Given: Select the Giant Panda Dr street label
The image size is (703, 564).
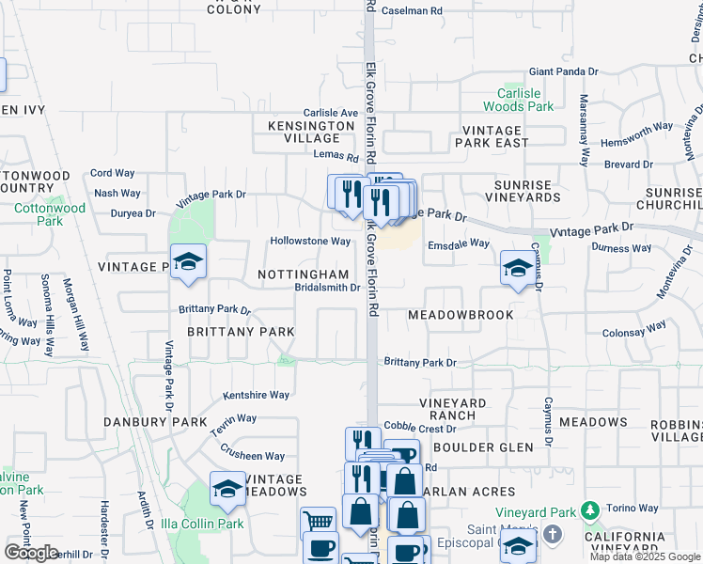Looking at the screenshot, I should tap(563, 71).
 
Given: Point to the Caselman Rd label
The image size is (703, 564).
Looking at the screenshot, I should tap(412, 11).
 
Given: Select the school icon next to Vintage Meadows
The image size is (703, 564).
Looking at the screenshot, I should tap(227, 489).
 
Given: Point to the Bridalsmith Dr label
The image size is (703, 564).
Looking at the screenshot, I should tap(327, 288).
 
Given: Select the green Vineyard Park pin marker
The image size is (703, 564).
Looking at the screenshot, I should tap(589, 510).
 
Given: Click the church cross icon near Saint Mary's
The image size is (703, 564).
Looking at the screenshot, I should tap(554, 535).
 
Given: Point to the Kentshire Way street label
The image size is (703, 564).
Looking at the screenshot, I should tap(256, 396).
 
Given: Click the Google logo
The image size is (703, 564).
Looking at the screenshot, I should tap(31, 553).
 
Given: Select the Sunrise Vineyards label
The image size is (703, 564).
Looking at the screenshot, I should tap(523, 191).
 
